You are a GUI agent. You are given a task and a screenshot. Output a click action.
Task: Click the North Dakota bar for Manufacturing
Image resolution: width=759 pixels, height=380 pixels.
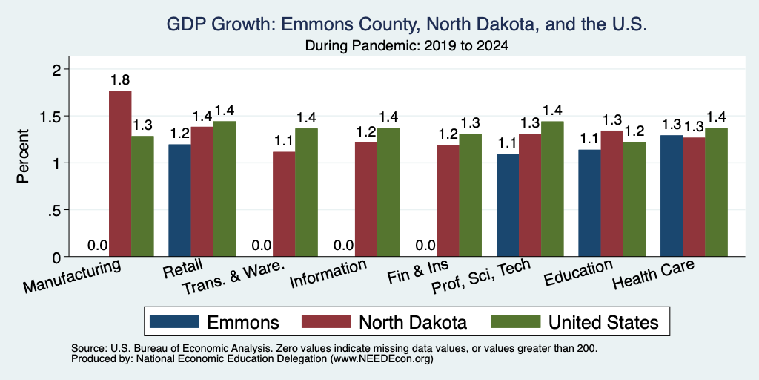(x=120, y=174)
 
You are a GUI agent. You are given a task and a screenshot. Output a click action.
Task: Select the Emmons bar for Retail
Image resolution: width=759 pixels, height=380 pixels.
(x=179, y=200)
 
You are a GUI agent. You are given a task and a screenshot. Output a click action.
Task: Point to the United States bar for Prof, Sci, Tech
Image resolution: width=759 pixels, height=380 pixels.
(x=552, y=189)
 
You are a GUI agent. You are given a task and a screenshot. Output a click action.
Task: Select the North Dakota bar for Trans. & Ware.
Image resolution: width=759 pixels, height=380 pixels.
(x=284, y=204)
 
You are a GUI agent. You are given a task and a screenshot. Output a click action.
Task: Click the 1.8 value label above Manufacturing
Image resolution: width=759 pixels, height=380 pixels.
(x=120, y=80)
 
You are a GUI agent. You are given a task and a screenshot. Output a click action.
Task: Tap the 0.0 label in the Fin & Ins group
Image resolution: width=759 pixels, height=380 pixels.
(x=425, y=245)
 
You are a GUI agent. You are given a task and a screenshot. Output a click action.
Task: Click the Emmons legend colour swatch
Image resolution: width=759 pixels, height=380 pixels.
(x=174, y=321)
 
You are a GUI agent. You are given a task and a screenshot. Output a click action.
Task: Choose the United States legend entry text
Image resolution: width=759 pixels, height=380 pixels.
(x=603, y=322)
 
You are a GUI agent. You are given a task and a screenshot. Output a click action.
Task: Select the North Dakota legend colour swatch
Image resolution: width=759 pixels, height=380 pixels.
(x=326, y=321)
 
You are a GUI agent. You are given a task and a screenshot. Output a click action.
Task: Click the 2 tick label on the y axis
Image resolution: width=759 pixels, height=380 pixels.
(x=58, y=70)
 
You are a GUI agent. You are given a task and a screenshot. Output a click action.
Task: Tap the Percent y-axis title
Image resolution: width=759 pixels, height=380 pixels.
(x=23, y=156)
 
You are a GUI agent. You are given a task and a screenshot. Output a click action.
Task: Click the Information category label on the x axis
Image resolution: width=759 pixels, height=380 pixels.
(x=328, y=274)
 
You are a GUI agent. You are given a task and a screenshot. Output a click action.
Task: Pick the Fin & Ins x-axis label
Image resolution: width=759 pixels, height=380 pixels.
(x=418, y=272)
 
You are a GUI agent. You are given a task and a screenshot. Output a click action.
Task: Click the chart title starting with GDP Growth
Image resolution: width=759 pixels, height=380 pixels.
(x=407, y=24)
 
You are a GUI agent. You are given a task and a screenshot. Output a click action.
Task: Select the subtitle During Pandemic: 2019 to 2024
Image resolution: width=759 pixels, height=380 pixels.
(x=407, y=46)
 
